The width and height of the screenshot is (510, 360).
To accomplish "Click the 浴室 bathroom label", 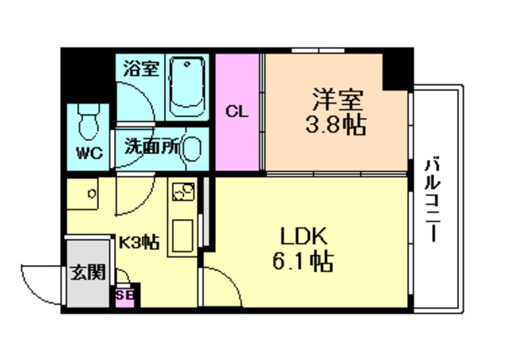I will pyautogui.click(x=140, y=68).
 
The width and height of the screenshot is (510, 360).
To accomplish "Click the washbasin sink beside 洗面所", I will pyautogui.click(x=191, y=149).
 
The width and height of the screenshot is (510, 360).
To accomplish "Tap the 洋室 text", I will pyautogui.click(x=336, y=101).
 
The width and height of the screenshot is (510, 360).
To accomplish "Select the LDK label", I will pyautogui.click(x=304, y=237).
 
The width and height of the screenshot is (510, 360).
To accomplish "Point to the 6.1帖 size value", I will pyautogui.click(x=306, y=260).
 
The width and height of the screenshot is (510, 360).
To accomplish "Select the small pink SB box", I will pyautogui.click(x=124, y=295).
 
